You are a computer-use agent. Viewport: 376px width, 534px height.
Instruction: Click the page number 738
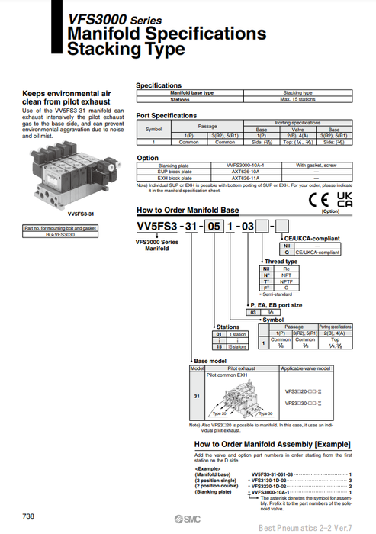point(28,516)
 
